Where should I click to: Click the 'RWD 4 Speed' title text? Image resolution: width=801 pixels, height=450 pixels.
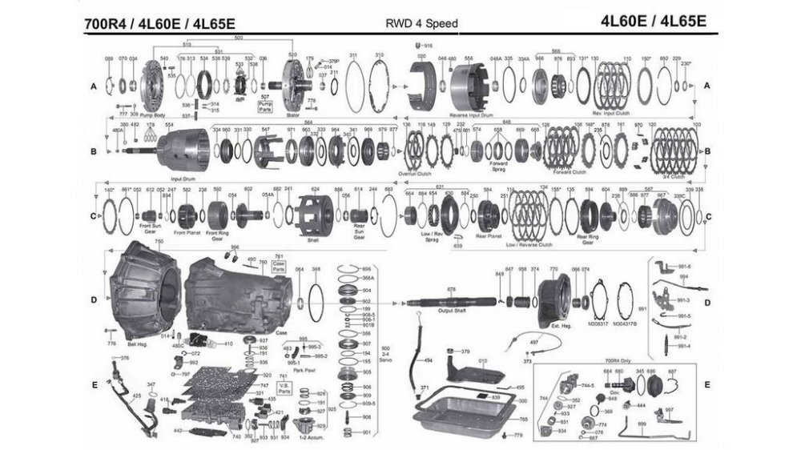(421, 23)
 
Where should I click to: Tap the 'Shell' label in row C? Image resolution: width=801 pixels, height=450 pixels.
(313, 239)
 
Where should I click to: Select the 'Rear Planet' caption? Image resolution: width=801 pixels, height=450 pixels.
(488, 235)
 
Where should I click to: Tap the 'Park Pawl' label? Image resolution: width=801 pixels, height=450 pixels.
(304, 369)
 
